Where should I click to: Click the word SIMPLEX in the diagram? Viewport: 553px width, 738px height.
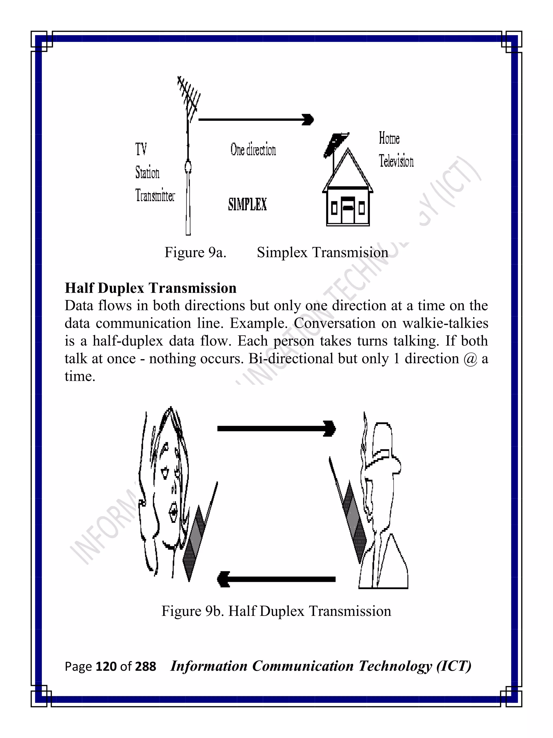pyautogui.click(x=247, y=204)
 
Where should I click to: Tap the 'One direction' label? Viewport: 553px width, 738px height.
pyautogui.click(x=253, y=150)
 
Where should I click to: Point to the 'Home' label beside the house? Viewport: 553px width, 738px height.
pyautogui.click(x=389, y=138)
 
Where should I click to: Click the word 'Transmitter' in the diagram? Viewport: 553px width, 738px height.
pyautogui.click(x=155, y=195)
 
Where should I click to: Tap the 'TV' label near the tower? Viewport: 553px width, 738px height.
pyautogui.click(x=141, y=149)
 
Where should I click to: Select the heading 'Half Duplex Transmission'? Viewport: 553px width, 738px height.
pyautogui.click(x=150, y=288)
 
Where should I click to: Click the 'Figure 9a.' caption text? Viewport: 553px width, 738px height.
pyautogui.click(x=195, y=253)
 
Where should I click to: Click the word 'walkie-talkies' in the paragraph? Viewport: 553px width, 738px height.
pyautogui.click(x=445, y=323)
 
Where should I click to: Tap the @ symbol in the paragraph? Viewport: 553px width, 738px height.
pyautogui.click(x=470, y=359)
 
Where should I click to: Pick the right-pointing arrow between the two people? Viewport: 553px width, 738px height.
pyautogui.click(x=276, y=429)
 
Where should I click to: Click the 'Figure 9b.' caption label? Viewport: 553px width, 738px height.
pyautogui.click(x=192, y=611)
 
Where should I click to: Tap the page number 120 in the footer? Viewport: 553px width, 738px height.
pyautogui.click(x=106, y=667)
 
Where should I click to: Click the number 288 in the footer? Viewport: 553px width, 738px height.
pyautogui.click(x=145, y=667)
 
